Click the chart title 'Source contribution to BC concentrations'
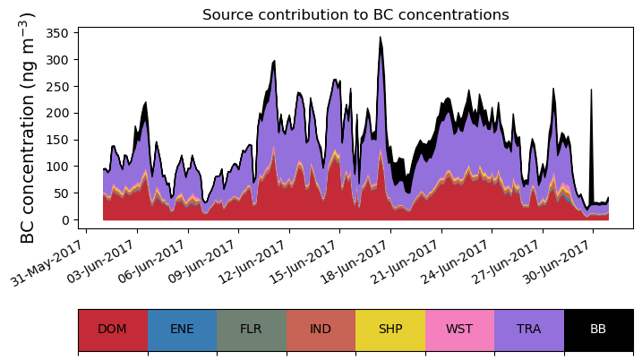tap(355, 15)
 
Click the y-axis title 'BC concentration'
tap(28, 128)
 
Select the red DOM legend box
tap(112, 329)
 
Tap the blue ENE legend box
tap(182, 329)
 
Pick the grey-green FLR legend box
tap(251, 329)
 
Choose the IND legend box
tap(321, 329)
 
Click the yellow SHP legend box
tap(390, 329)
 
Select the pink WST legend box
tap(459, 329)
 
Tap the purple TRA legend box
tap(529, 329)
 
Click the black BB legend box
tap(598, 329)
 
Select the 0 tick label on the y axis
tap(68, 220)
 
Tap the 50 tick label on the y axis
tap(65, 193)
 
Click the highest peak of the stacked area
tap(381, 39)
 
